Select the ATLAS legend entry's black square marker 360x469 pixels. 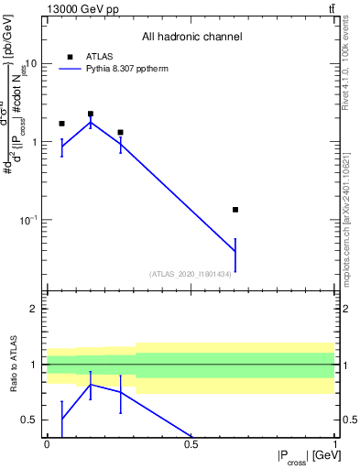pos(70,57)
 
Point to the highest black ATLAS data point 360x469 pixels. pos(91,114)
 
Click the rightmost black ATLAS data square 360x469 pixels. pos(235,210)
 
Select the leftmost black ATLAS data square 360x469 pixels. pos(61,124)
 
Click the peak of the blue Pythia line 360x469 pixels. pos(91,122)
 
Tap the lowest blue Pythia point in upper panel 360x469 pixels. pos(235,252)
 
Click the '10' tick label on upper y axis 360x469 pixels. pos(31,64)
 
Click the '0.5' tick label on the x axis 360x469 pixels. pos(191,443)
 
